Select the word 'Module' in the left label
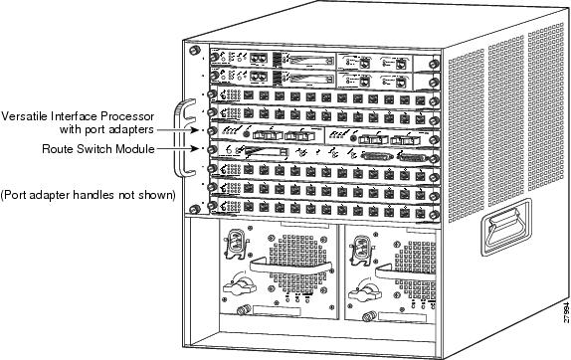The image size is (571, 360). tap(131, 149)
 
